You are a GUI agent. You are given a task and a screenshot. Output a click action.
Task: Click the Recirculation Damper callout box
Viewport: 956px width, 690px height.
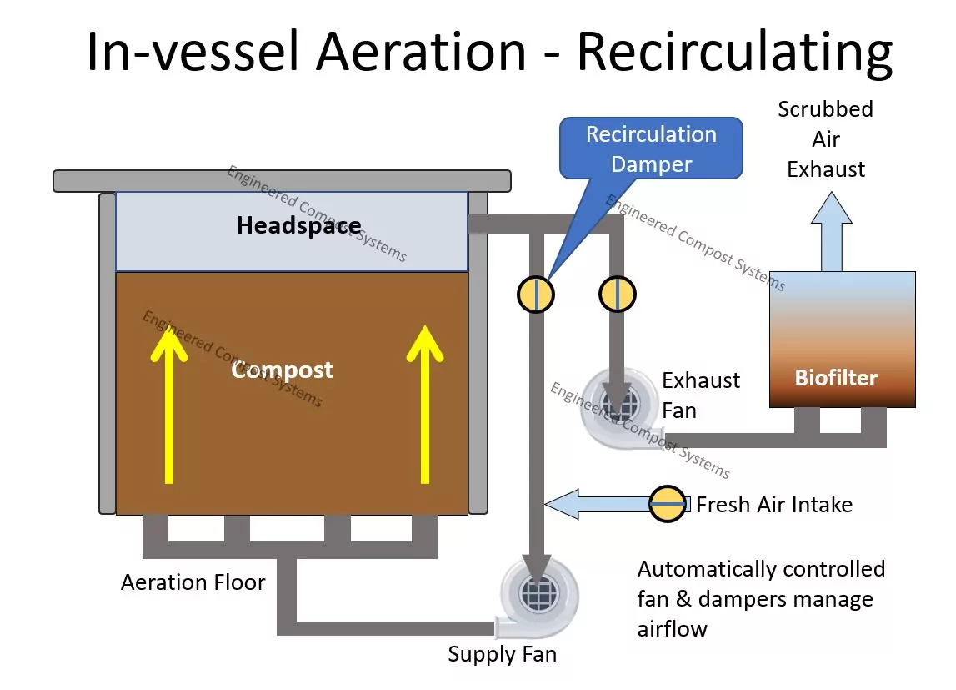pos(651,149)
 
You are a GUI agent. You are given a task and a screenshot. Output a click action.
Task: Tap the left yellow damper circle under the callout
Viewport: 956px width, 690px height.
pos(536,294)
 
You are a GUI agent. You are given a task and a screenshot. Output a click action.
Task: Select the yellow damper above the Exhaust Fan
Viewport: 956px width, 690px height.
pos(618,294)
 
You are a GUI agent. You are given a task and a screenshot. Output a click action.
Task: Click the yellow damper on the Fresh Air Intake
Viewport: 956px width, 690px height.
pos(668,504)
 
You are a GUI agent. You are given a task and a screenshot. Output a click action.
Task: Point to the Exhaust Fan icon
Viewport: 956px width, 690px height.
pos(619,406)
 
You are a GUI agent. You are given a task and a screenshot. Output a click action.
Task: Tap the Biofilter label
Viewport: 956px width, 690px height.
pos(836,378)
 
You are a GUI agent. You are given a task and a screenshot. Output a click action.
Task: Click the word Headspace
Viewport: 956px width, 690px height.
pos(298,225)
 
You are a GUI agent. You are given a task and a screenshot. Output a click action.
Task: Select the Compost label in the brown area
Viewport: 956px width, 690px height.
pos(282,370)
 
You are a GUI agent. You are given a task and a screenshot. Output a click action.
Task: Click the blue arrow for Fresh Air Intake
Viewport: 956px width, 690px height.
pos(597,503)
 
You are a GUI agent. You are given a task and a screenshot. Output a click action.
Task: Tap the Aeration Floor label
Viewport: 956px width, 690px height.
pos(193,582)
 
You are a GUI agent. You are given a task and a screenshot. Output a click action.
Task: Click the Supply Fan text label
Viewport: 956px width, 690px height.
pos(502,654)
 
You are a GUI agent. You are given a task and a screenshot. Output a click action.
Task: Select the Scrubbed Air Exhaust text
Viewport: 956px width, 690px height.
pos(825,139)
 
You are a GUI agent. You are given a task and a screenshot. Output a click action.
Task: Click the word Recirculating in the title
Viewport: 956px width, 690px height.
pos(734,52)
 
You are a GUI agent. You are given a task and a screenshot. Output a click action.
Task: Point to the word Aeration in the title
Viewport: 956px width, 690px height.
pos(421,52)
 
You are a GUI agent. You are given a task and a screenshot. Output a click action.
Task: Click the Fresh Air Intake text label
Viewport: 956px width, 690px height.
pos(774,504)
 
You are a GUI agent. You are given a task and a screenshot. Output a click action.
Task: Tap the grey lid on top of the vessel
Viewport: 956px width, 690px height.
pos(282,180)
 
